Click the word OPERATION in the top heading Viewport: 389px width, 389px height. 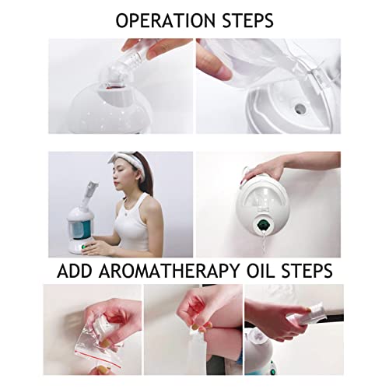coord(166,20)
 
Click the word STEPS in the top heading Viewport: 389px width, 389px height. coord(248,20)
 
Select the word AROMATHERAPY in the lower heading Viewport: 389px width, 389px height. coord(169,271)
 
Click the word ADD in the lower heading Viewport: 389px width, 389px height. coord(75,271)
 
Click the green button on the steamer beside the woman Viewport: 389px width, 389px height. coord(83,247)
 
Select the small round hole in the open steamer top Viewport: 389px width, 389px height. coord(300,107)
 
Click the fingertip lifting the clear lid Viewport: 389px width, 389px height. coord(219,69)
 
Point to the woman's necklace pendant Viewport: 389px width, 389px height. coord(126,214)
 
